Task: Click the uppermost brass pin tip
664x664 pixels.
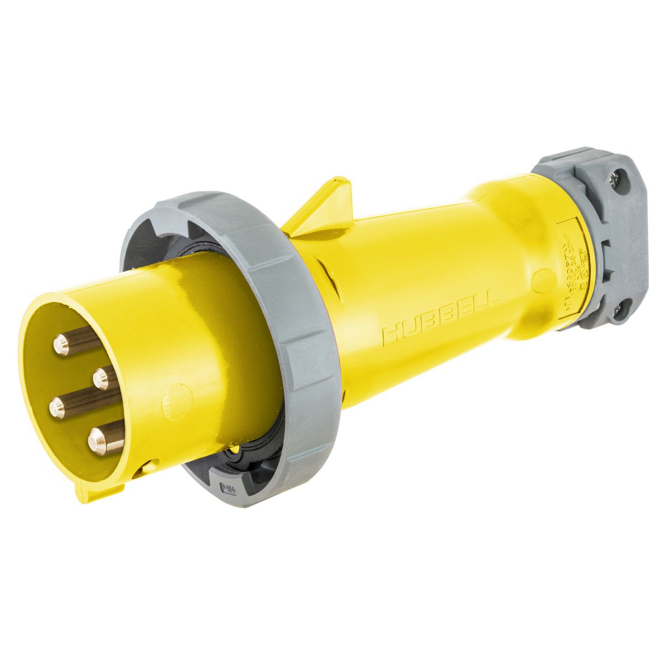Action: [x=61, y=346]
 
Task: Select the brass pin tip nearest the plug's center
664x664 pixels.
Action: [x=101, y=379]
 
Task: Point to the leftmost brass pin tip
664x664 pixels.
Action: [x=57, y=408]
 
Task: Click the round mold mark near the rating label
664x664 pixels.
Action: [x=543, y=281]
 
